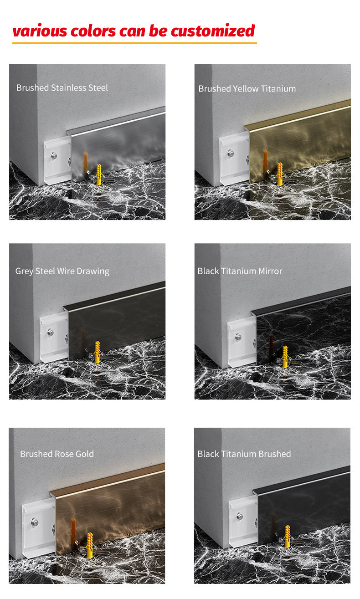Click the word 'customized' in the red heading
tap(213, 31)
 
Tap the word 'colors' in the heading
tap(93, 31)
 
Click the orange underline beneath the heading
tap(134, 43)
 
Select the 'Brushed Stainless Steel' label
tap(62, 88)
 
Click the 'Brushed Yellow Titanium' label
tap(247, 88)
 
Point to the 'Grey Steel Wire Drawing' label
tap(62, 271)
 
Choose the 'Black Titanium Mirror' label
tap(240, 271)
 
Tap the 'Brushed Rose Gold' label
tap(57, 454)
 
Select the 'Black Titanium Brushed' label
tap(244, 454)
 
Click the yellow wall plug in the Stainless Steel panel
tap(99, 174)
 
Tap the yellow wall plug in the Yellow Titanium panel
tap(280, 174)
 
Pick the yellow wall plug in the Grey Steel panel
tap(98, 352)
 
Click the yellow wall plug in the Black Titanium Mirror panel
tap(285, 357)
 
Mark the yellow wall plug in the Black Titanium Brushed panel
tap(287, 537)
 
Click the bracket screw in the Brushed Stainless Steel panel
tap(54, 155)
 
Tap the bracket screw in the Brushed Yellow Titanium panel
tap(231, 154)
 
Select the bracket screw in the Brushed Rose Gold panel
tap(35, 522)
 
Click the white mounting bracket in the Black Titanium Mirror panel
tap(242, 342)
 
